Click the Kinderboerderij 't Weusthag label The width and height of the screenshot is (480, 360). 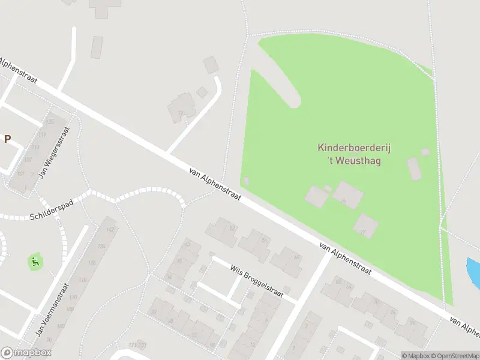[350, 154]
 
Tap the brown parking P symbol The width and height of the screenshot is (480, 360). [8, 139]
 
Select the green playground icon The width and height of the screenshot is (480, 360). [35, 262]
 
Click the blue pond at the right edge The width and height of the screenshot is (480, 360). [473, 269]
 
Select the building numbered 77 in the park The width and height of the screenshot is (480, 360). [365, 226]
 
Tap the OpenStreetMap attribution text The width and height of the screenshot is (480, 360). [454, 355]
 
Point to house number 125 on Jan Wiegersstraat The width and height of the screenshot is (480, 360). [50, 122]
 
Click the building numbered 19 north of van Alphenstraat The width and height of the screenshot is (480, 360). [180, 113]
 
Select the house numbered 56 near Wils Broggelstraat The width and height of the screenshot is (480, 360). [264, 240]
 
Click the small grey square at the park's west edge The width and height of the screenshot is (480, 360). [246, 180]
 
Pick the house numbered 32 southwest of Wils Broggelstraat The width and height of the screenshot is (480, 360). [154, 312]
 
